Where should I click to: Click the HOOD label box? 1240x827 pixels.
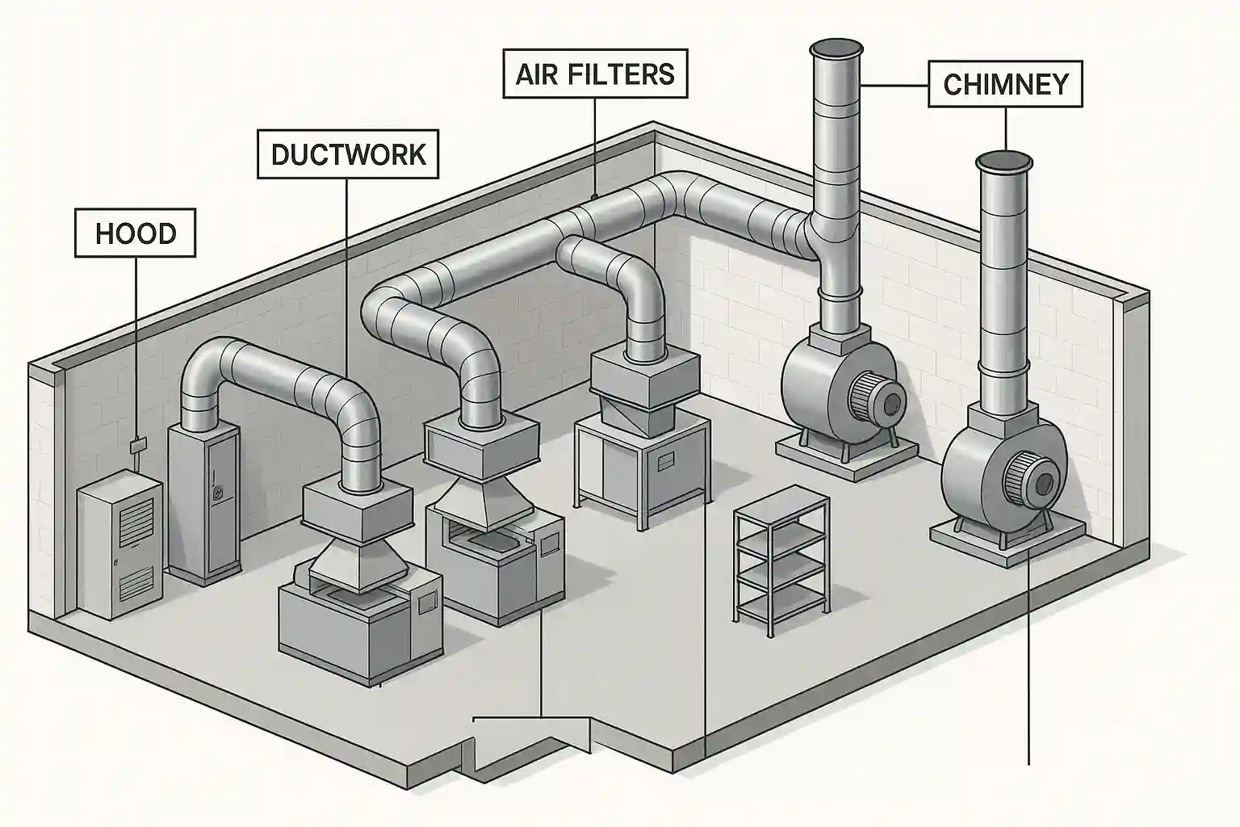tap(136, 233)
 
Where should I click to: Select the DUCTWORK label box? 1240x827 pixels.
tap(348, 153)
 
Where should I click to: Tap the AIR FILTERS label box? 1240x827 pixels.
tap(595, 73)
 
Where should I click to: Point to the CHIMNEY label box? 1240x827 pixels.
tap(1005, 84)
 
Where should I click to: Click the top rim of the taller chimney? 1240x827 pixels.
tap(836, 48)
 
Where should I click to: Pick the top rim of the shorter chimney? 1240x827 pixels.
tap(1005, 162)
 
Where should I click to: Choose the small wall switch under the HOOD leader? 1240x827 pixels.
tap(138, 443)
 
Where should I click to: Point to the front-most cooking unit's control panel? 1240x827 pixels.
tap(425, 598)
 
